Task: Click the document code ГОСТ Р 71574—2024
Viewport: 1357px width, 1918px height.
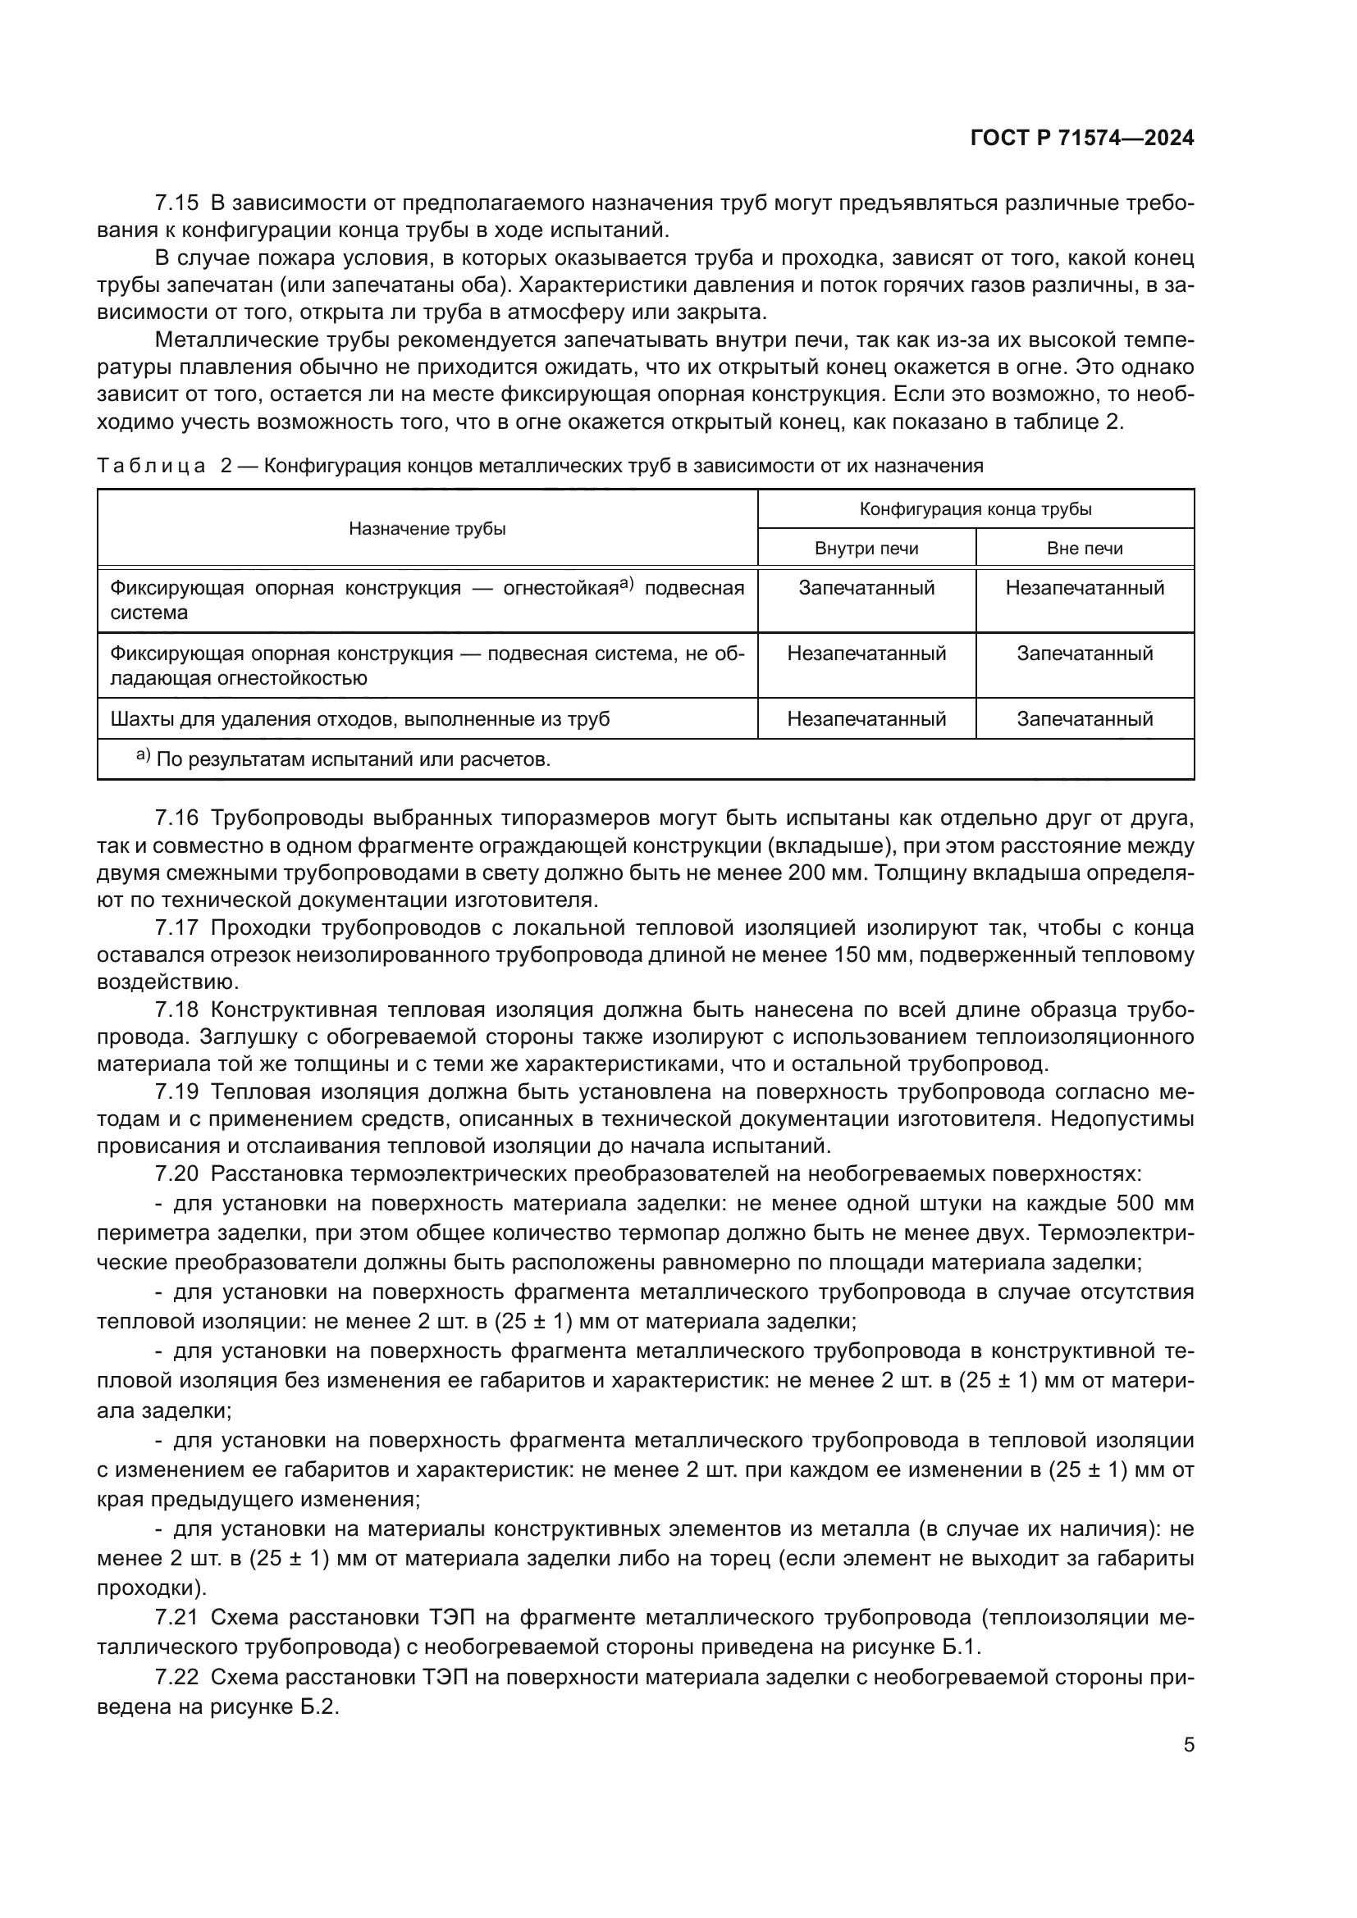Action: (x=1082, y=139)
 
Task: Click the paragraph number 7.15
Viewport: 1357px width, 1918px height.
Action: (x=177, y=203)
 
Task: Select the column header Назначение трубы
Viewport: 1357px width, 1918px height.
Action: (x=427, y=529)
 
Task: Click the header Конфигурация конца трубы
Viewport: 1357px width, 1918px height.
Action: (x=976, y=509)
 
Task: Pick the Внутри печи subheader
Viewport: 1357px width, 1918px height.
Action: (x=866, y=549)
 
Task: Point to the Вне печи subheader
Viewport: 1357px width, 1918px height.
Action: (x=1085, y=549)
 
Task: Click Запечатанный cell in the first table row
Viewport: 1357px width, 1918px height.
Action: (x=866, y=588)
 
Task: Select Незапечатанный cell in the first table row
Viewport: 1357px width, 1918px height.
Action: (x=1085, y=588)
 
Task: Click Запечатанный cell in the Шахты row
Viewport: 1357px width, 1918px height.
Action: (x=1085, y=719)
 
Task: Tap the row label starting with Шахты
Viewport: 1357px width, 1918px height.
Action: (x=360, y=719)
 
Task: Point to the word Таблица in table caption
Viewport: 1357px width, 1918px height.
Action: (x=151, y=466)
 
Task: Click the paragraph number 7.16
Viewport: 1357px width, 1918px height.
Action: (x=177, y=817)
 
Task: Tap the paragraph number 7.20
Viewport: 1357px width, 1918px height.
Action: (x=177, y=1173)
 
